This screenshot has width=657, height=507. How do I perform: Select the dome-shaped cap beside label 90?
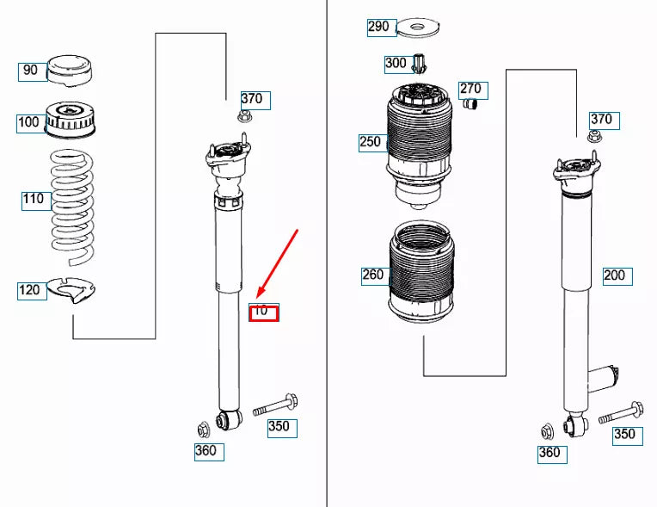pyautogui.click(x=69, y=71)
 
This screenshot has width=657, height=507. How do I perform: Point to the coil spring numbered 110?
pyautogui.click(x=72, y=208)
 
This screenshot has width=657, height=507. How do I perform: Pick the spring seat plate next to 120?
pyautogui.click(x=71, y=290)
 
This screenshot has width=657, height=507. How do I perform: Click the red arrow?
pyautogui.click(x=277, y=263)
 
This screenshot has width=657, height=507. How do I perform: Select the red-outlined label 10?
pyautogui.click(x=263, y=312)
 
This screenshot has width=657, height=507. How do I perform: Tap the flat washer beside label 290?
pyautogui.click(x=417, y=28)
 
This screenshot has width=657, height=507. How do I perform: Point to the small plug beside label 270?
pyautogui.click(x=471, y=103)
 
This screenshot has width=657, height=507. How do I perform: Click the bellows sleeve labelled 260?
pyautogui.click(x=422, y=272)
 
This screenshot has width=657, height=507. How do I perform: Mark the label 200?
pyautogui.click(x=617, y=276)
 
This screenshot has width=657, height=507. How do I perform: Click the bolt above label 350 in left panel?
pyautogui.click(x=275, y=405)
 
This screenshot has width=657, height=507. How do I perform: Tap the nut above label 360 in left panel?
pyautogui.click(x=204, y=429)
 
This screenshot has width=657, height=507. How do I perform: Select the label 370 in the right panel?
pyautogui.click(x=605, y=121)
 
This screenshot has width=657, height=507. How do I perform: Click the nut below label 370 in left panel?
pyautogui.click(x=244, y=116)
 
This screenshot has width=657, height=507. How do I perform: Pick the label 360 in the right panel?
pyautogui.click(x=552, y=454)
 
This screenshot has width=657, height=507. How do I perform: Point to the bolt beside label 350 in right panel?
pyautogui.click(x=621, y=412)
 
